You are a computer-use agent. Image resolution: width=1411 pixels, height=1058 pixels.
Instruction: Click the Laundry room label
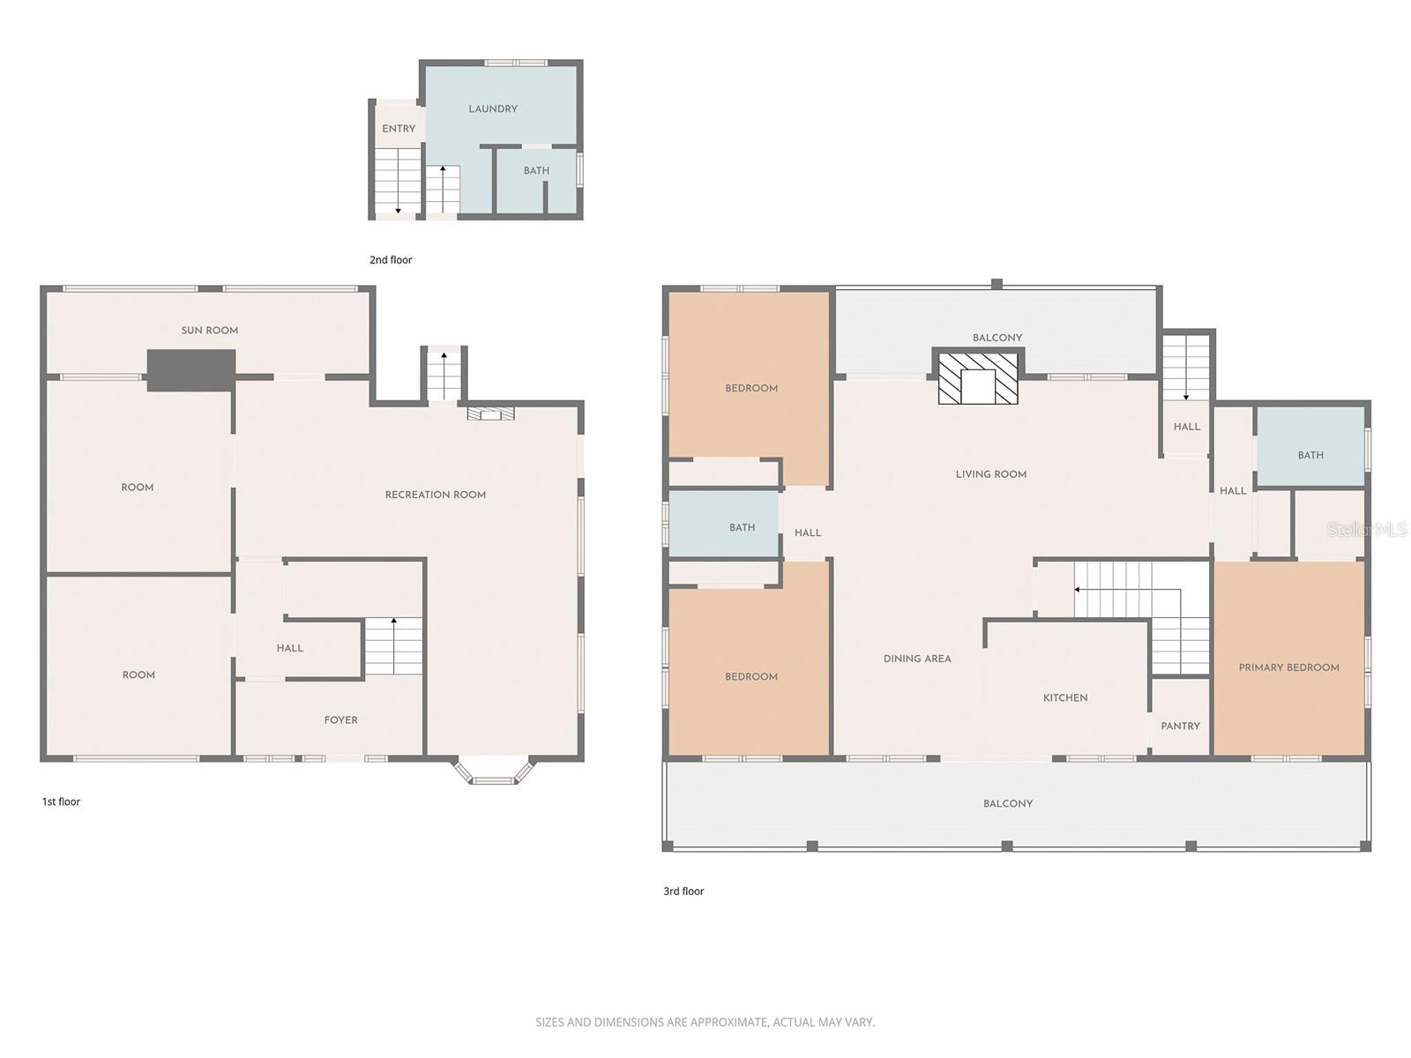point(493,109)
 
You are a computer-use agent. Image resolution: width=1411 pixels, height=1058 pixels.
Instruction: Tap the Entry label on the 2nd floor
point(399,129)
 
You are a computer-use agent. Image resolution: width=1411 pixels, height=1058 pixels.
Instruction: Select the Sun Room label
point(210,331)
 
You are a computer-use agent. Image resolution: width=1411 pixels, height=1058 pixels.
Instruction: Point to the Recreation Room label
point(436,495)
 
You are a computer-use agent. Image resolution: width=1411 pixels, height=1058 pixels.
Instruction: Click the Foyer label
point(340,720)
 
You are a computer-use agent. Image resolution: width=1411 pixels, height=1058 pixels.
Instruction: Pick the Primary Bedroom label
point(1288,667)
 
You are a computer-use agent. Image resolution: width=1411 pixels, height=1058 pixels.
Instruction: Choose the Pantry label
point(1180,726)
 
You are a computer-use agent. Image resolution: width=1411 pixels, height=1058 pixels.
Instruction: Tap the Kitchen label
point(1065,697)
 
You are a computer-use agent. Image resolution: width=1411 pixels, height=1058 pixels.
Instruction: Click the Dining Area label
point(917,659)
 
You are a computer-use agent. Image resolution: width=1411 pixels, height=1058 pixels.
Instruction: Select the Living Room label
point(991,474)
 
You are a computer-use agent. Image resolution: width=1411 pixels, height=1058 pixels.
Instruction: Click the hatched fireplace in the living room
point(978,380)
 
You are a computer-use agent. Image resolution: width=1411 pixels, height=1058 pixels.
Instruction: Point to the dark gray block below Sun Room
point(191,369)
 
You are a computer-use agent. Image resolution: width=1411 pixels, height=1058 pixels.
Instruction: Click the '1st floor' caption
point(61,801)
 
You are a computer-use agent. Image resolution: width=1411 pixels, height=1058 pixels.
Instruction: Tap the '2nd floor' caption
point(391,260)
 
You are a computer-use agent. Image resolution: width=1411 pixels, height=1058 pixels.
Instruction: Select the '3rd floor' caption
point(683,891)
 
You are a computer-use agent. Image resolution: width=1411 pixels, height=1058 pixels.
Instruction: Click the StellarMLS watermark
point(1368,530)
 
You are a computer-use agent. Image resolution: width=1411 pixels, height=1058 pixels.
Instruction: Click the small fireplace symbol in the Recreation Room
point(490,413)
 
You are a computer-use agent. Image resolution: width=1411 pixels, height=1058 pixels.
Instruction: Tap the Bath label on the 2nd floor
point(536,171)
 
